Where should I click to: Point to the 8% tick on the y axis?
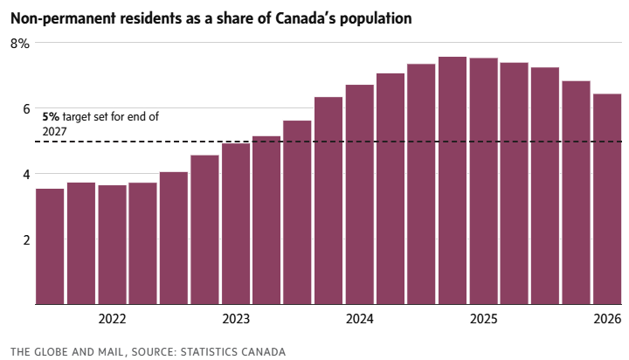point(20,43)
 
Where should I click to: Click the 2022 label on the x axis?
point(112,320)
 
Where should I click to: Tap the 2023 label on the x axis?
point(236,320)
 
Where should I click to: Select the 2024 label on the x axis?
point(359,320)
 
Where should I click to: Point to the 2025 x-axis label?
point(483,320)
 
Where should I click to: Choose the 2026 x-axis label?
point(607,320)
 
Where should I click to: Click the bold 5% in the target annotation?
point(51,116)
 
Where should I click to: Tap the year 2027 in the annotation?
point(55,130)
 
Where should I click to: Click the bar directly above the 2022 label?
point(112,245)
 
